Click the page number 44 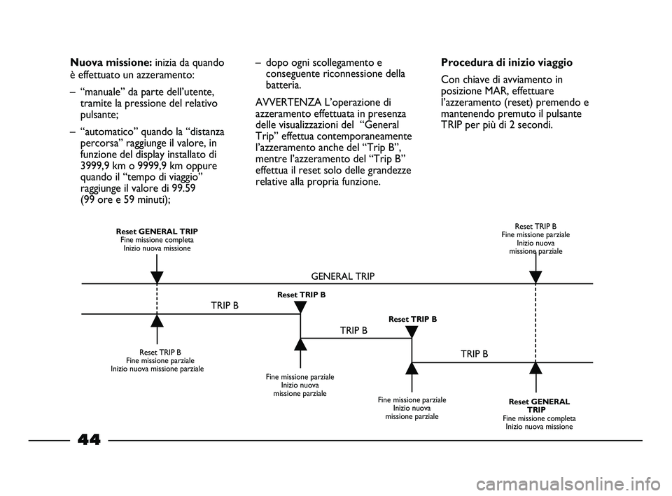click(89, 439)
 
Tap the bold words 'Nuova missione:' click(111, 62)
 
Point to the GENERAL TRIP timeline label click(342, 276)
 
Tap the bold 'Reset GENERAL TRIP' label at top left click(157, 231)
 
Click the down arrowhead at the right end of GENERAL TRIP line click(535, 276)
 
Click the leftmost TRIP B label click(225, 306)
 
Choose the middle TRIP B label click(353, 330)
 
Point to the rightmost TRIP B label click(475, 354)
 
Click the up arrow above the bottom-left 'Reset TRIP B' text click(157, 321)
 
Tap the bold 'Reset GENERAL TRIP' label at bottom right click(539, 405)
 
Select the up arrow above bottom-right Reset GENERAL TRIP click(535, 369)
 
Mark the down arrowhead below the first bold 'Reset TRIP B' click(300, 306)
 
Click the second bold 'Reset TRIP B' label click(412, 319)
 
